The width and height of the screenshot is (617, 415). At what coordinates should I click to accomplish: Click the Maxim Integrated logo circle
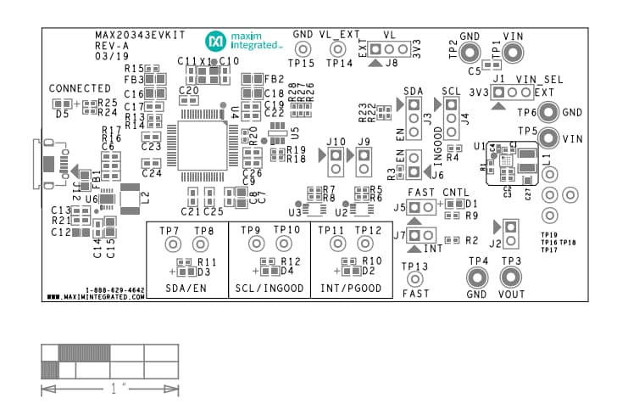click(x=215, y=40)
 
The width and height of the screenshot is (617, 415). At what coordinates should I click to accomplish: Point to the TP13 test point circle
click(x=415, y=279)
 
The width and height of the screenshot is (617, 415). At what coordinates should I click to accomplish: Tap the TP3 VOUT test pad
click(x=510, y=277)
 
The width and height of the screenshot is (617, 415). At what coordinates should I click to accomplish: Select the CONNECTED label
click(x=80, y=88)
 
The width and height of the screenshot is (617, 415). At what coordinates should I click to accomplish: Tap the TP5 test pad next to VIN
click(x=548, y=138)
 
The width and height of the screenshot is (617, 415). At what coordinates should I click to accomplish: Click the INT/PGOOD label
click(x=351, y=289)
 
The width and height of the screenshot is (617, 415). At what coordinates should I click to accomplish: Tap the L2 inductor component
click(x=132, y=198)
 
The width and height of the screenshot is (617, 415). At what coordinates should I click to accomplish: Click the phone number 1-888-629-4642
click(x=114, y=290)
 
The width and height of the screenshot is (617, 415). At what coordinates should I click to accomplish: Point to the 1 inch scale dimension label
click(x=110, y=390)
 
